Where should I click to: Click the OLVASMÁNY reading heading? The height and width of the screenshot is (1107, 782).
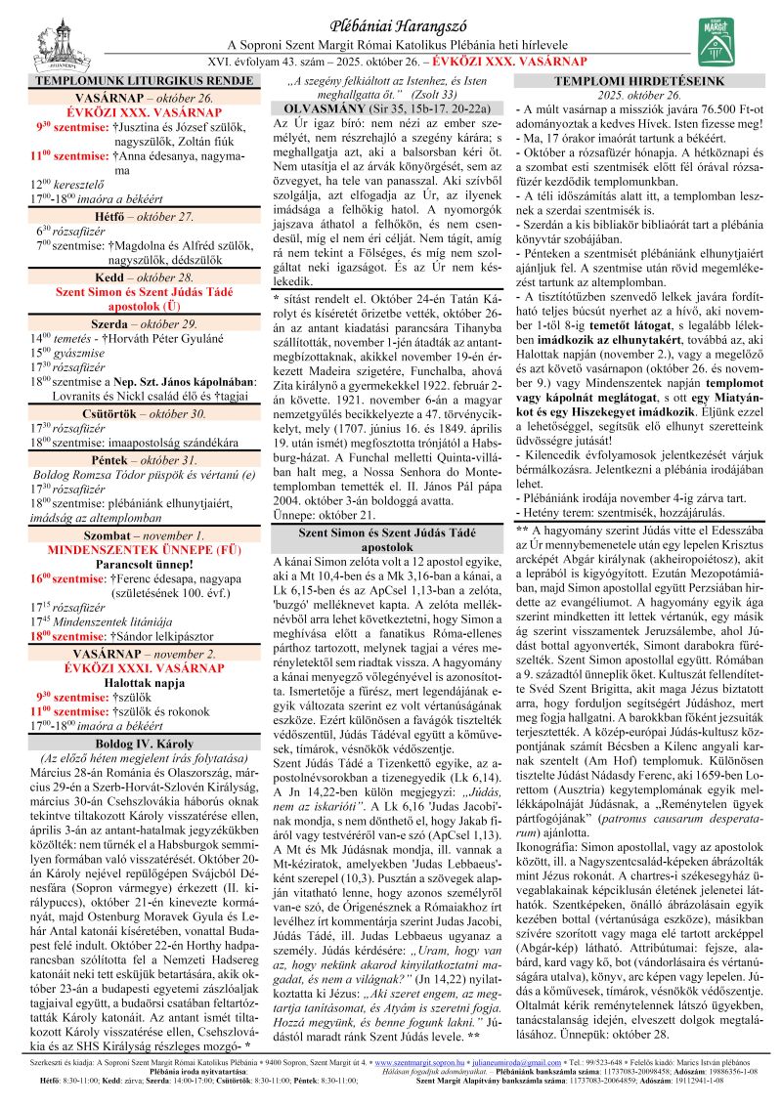point(390,107)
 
